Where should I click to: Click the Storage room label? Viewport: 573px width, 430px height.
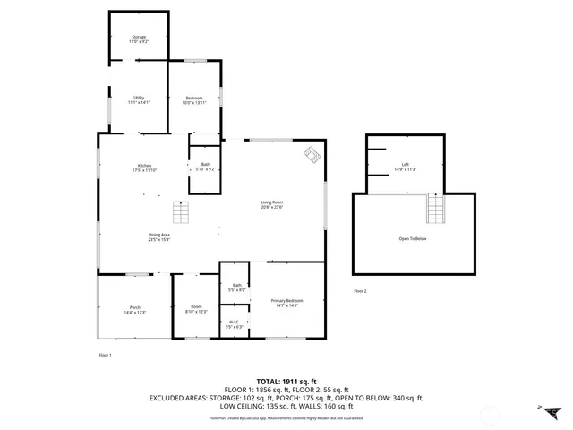click(x=139, y=39)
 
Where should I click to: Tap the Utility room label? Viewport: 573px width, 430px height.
click(x=139, y=99)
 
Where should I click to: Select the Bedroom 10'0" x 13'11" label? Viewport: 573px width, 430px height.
click(x=194, y=99)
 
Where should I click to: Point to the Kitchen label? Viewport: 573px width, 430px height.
click(x=144, y=167)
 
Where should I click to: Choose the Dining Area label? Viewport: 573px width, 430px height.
click(x=159, y=236)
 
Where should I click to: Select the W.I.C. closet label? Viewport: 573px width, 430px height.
click(x=233, y=324)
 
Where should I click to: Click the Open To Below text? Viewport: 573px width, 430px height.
click(x=413, y=239)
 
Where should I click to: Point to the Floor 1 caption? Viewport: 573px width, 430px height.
click(x=105, y=356)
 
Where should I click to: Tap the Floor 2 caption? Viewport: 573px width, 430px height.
click(x=360, y=291)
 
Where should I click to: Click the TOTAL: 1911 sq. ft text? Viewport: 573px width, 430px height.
click(x=286, y=381)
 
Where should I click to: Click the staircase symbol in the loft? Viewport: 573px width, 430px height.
click(x=435, y=210)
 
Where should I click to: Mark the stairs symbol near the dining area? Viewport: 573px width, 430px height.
click(x=182, y=212)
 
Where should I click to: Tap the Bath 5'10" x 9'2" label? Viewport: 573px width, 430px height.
click(x=206, y=167)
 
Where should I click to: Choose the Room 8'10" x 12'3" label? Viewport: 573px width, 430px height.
click(x=196, y=309)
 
